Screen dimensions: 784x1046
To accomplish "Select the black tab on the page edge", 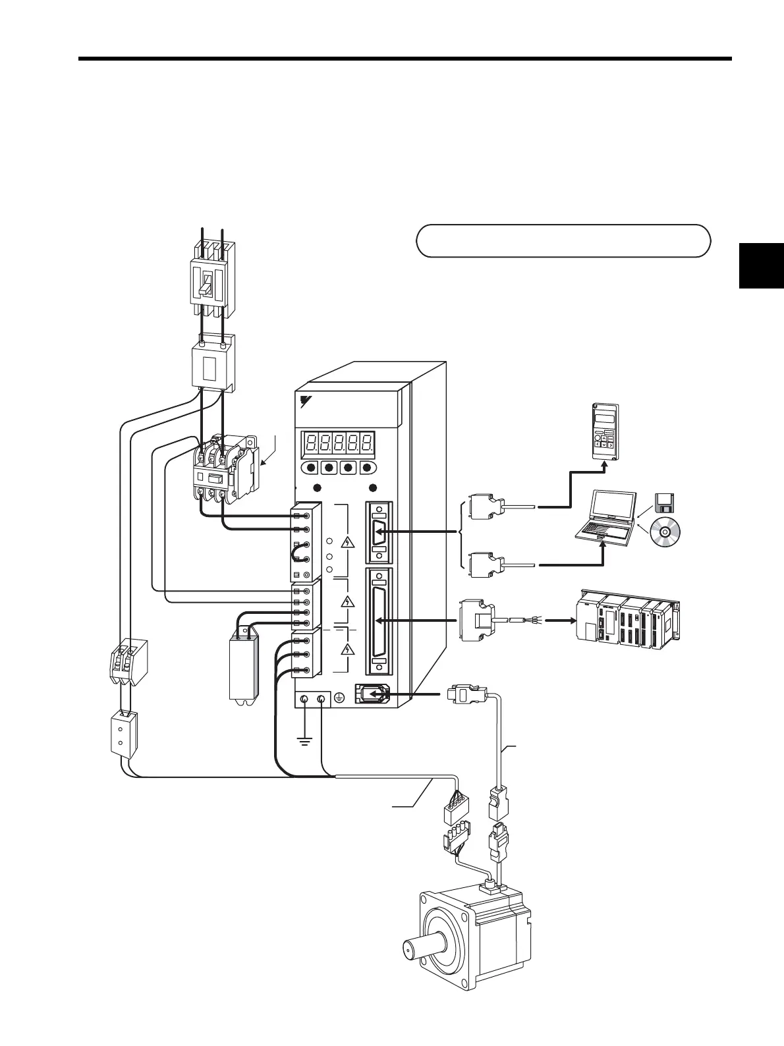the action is click(x=762, y=265).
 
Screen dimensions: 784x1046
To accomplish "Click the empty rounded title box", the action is click(x=563, y=240).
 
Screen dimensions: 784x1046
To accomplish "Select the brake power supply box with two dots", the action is click(x=123, y=735).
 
